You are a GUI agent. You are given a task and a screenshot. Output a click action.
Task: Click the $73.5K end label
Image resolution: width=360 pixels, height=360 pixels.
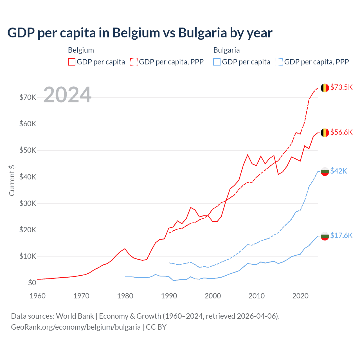tap(341, 87)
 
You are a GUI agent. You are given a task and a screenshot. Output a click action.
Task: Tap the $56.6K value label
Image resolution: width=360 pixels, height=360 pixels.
tap(341, 132)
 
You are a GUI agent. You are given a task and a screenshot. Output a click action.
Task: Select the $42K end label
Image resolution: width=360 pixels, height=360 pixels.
tap(339, 171)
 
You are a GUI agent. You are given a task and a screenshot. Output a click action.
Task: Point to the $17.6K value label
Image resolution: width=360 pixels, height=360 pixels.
tap(341, 235)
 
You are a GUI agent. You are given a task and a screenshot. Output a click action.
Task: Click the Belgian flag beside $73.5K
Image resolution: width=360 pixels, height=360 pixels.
tap(325, 88)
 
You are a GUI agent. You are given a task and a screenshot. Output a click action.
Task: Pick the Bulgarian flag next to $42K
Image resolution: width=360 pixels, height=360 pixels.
tap(325, 171)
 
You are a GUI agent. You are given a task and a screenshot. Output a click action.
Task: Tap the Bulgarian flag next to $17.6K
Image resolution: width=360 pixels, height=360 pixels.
tap(325, 236)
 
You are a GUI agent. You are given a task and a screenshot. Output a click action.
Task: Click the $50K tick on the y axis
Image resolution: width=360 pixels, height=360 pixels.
tap(28, 150)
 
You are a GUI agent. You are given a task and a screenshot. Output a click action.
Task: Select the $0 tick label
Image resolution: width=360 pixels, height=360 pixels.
tap(32, 283)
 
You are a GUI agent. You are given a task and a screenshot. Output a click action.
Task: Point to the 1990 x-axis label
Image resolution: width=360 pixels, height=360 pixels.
tap(169, 296)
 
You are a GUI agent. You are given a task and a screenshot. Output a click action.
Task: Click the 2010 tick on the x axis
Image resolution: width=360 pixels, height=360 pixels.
tap(256, 296)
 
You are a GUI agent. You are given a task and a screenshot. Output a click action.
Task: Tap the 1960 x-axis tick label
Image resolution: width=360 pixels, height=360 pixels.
tap(37, 296)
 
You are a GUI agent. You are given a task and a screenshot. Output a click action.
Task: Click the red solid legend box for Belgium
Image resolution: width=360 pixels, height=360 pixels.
tap(72, 62)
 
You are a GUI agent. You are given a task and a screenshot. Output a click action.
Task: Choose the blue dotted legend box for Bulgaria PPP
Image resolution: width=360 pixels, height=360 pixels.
tap(279, 62)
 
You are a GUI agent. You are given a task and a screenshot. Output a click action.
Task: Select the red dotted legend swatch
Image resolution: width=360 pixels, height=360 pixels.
tap(134, 62)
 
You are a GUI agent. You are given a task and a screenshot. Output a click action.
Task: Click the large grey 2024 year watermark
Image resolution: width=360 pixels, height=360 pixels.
tap(67, 95)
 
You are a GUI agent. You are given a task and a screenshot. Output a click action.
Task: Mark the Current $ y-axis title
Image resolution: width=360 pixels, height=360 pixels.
tap(12, 180)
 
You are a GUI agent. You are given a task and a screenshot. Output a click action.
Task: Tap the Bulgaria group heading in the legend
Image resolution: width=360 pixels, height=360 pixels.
tap(226, 50)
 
